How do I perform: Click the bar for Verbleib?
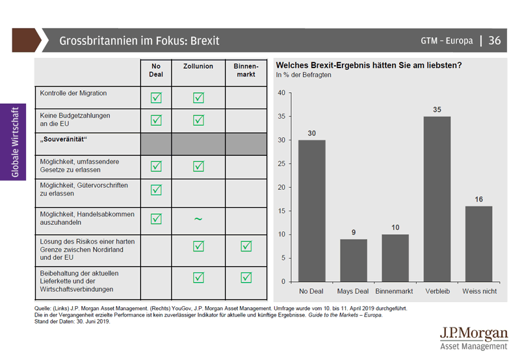click(x=437, y=199)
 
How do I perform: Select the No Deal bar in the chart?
click(x=312, y=211)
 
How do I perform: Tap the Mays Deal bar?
click(x=354, y=260)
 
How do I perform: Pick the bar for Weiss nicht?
click(x=478, y=244)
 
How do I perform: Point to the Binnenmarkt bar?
click(x=395, y=258)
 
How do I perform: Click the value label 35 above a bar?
click(x=437, y=110)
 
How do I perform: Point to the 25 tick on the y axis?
click(x=281, y=163)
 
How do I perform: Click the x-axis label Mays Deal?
click(x=354, y=291)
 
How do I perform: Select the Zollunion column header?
click(x=198, y=67)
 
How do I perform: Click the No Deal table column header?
click(x=156, y=70)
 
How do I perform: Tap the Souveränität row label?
click(x=64, y=140)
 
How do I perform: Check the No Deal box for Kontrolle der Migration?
click(x=156, y=98)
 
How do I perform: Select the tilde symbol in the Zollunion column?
click(x=198, y=219)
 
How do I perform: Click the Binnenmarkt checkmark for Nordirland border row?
click(x=246, y=246)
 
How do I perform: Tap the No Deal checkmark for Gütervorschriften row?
click(x=156, y=190)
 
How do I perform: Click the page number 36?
click(x=494, y=41)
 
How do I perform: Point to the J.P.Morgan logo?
click(x=473, y=337)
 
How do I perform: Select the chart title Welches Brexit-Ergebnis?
click(x=369, y=65)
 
